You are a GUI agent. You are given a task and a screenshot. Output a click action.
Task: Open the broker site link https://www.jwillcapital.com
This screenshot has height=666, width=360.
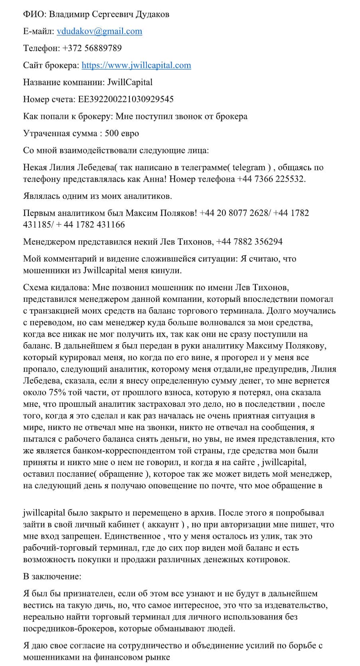[136, 65]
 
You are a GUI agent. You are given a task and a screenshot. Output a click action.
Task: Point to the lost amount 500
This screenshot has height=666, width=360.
[112, 133]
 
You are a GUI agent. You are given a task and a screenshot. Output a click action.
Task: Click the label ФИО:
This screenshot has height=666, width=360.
[35, 14]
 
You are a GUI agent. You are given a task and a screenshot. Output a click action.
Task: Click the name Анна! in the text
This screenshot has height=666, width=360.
[154, 179]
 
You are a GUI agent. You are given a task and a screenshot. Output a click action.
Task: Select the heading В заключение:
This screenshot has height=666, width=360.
[52, 577]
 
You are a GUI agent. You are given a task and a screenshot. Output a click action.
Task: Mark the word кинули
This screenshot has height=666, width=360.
[168, 270]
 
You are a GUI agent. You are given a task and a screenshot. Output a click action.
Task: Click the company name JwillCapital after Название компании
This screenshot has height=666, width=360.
[130, 82]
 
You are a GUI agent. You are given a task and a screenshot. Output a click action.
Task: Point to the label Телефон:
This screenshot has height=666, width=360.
[42, 48]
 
